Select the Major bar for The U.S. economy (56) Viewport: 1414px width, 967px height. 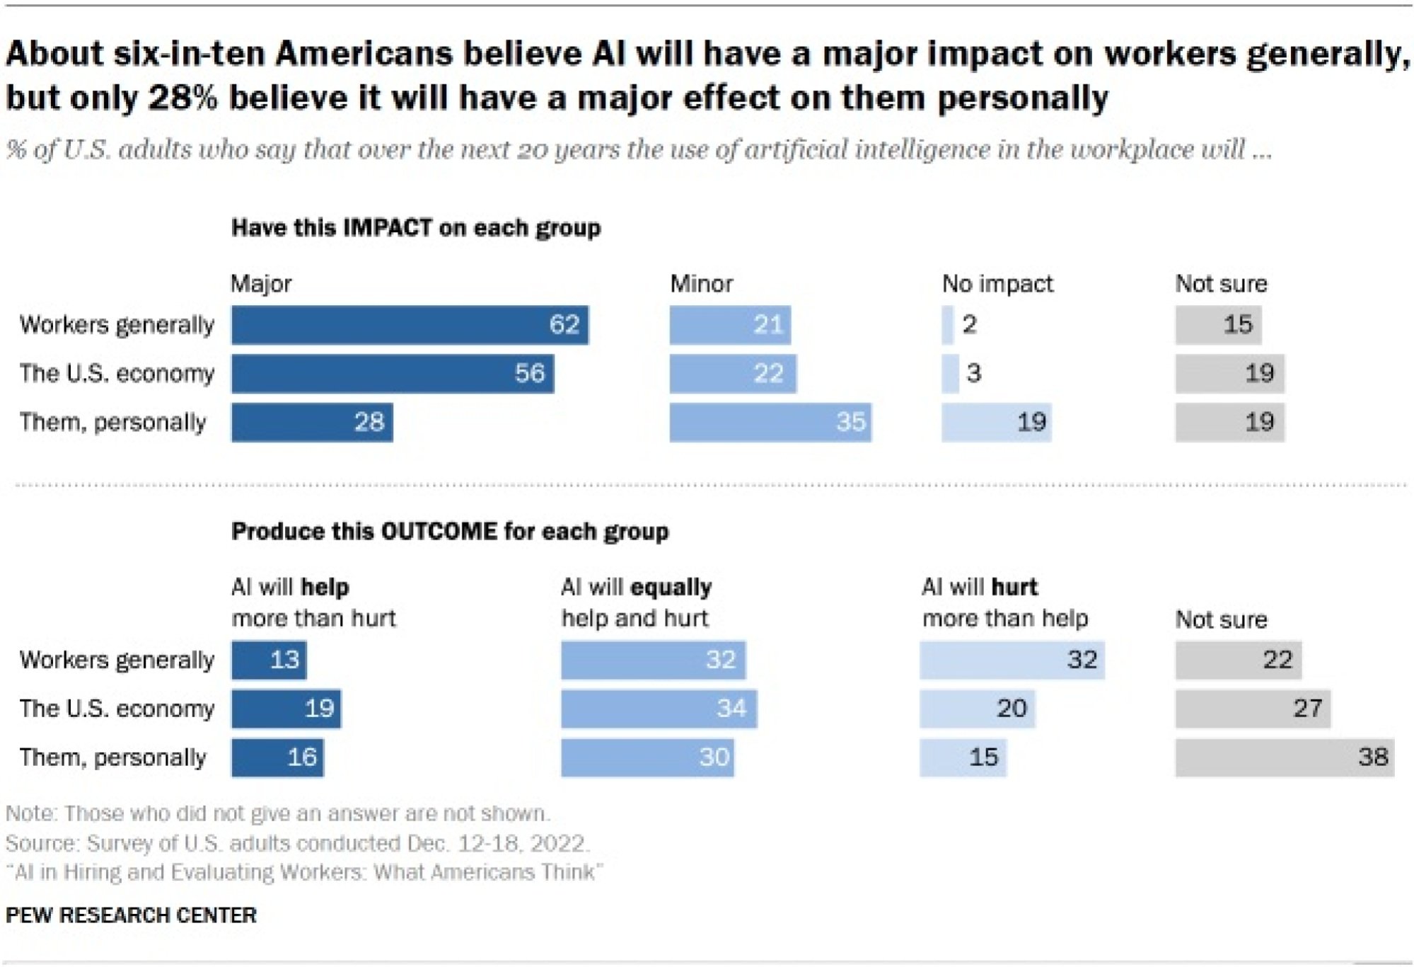click(x=392, y=374)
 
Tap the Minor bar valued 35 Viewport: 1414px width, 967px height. click(x=770, y=423)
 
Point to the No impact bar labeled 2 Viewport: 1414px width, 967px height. click(x=947, y=325)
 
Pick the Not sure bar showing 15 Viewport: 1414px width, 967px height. click(x=1217, y=325)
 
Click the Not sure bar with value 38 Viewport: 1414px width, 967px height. click(x=1284, y=757)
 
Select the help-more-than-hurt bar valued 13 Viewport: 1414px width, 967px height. click(x=269, y=660)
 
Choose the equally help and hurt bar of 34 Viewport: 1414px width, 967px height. click(x=659, y=709)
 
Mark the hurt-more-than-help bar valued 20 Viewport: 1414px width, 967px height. click(x=977, y=709)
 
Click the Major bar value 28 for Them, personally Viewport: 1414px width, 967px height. click(x=312, y=423)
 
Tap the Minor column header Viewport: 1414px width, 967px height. click(x=701, y=284)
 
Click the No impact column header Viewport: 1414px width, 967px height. click(x=997, y=284)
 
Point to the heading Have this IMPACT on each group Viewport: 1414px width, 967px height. click(x=416, y=228)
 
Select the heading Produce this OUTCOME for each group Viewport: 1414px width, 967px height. click(x=450, y=532)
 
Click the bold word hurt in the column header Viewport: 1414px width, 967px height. click(x=1014, y=588)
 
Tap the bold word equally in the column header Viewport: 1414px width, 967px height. click(x=671, y=588)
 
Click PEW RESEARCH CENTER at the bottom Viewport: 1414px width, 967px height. click(x=131, y=915)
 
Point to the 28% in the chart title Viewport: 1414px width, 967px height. click(x=182, y=98)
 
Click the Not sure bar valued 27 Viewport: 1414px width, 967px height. click(x=1252, y=709)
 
